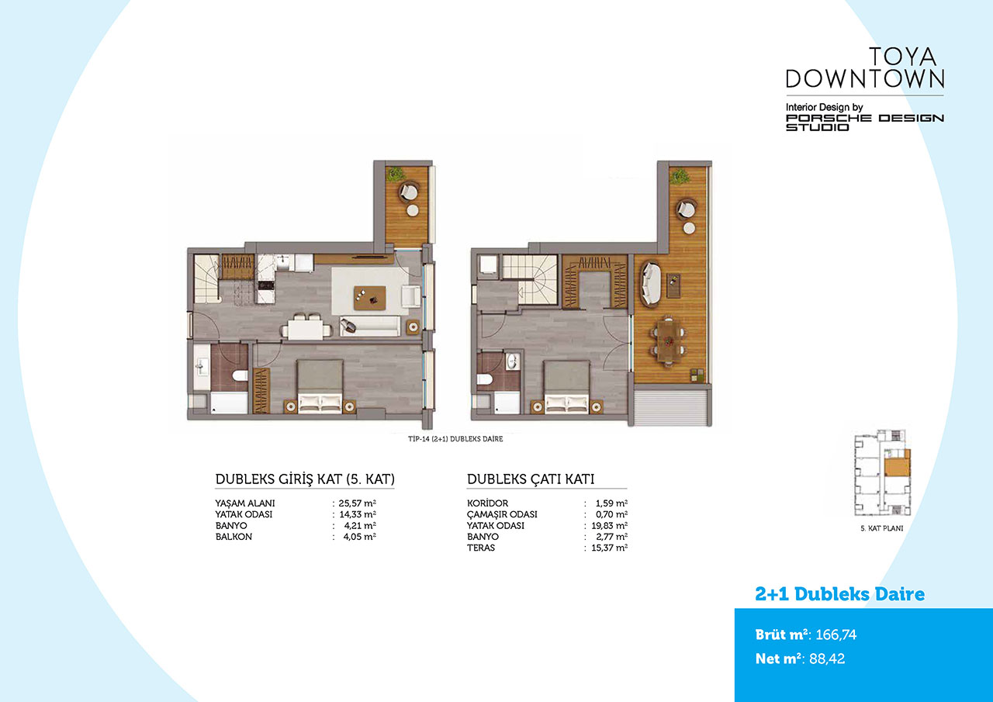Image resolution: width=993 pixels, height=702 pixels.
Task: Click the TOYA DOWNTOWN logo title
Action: coord(864,67)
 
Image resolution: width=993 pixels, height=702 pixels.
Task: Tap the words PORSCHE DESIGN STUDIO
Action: coord(864,123)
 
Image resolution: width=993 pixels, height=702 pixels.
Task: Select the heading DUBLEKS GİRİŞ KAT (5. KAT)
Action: coord(305,479)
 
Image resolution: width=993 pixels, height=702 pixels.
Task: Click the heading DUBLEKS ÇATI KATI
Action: coord(531,479)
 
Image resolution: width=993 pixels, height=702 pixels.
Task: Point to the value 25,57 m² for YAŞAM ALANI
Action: coord(358,503)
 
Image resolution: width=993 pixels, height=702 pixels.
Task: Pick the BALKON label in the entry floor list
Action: coord(234,537)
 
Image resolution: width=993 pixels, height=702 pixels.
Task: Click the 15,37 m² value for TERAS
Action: coord(610,548)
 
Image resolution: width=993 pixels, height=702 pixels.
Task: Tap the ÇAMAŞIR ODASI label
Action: coord(502,514)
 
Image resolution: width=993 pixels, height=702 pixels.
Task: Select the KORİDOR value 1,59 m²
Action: coord(612,503)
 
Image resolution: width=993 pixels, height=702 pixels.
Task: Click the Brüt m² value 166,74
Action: coord(836,635)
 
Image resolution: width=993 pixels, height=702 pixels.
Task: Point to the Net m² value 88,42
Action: coord(827,659)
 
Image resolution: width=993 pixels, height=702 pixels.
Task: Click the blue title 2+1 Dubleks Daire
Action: coord(840,594)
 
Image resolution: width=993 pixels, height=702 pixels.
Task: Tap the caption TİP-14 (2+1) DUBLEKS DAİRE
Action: coord(455,439)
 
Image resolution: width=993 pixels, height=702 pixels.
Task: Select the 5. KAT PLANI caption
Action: coord(882,528)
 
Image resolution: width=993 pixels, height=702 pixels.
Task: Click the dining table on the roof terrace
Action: coord(668,341)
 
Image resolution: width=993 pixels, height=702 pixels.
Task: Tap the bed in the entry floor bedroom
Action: coord(320,386)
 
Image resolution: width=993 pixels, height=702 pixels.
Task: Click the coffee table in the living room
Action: coord(370,298)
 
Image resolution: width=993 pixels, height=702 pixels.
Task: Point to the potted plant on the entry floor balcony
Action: coord(395,175)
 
